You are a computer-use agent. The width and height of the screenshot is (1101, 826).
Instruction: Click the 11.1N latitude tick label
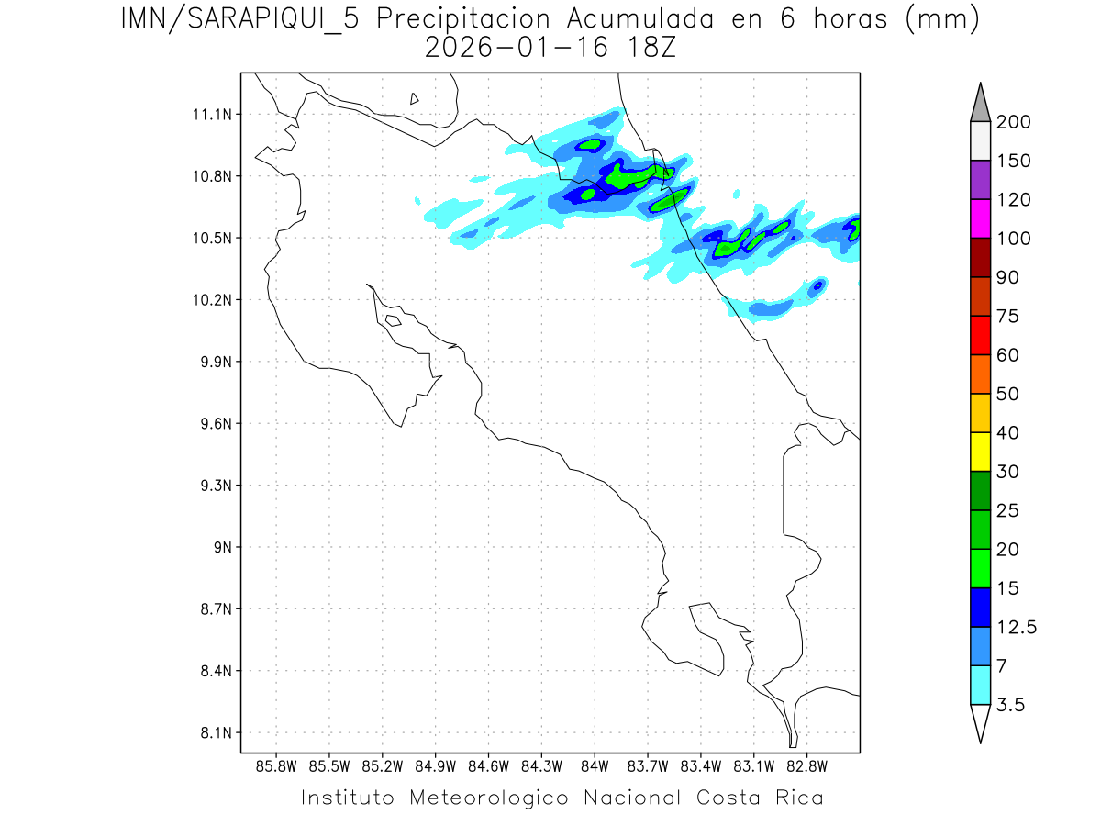[211, 115]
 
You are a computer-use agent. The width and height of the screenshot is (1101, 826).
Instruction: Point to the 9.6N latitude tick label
[211, 424]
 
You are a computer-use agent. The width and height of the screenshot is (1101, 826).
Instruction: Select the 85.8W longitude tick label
[277, 765]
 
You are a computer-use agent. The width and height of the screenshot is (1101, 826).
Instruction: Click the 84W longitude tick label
[595, 765]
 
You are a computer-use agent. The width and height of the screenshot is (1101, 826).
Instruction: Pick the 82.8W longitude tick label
[806, 765]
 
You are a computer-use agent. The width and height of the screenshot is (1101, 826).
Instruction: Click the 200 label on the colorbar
[1014, 122]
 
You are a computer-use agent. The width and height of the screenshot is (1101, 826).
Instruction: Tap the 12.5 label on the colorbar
[1017, 627]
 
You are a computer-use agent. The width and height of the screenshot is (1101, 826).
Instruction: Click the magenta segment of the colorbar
[980, 218]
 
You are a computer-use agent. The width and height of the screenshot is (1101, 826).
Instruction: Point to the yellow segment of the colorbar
[980, 452]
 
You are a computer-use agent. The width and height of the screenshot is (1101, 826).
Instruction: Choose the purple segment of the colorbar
[980, 180]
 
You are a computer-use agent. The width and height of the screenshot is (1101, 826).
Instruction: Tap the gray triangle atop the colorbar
[980, 103]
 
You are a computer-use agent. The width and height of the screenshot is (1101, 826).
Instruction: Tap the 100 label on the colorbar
[1014, 239]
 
